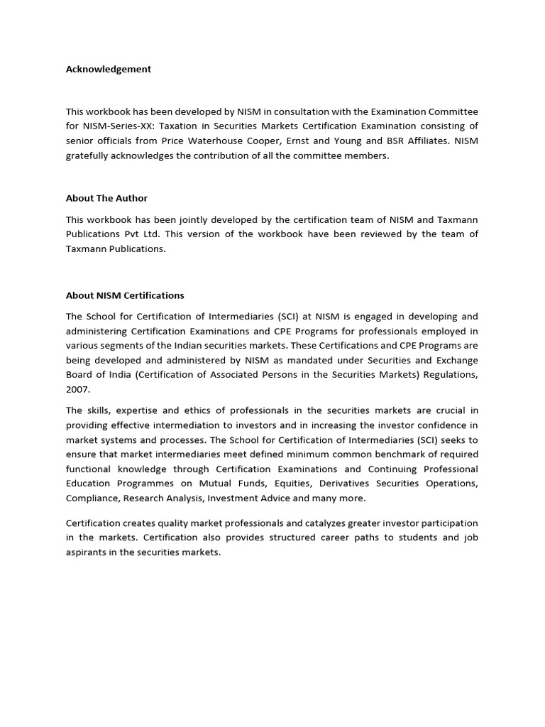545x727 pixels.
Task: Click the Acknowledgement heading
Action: click(108, 69)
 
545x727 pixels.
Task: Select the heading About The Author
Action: click(106, 198)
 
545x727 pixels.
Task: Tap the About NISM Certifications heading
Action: click(125, 295)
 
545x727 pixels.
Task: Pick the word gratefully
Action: click(87, 155)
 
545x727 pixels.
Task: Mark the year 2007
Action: click(78, 389)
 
